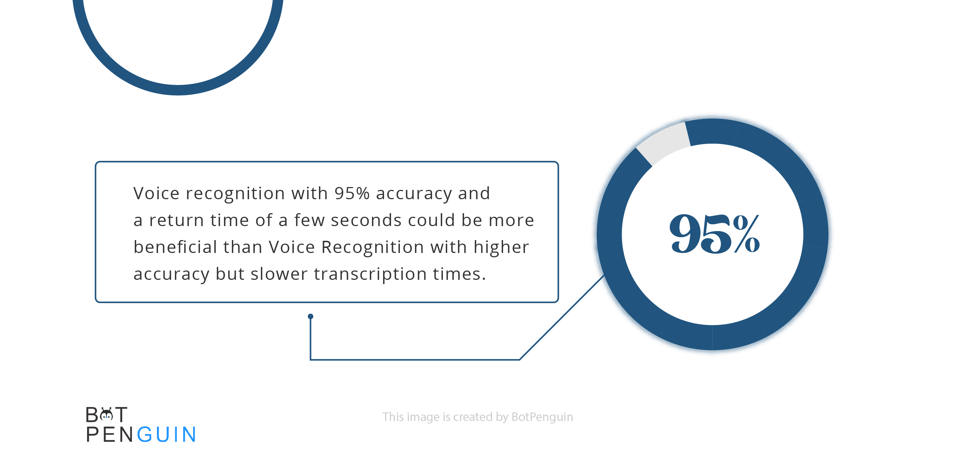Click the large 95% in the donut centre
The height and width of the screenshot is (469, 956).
pyautogui.click(x=714, y=234)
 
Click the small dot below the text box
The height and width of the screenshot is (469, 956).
pyautogui.click(x=311, y=316)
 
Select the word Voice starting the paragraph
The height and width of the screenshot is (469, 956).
pyautogui.click(x=156, y=193)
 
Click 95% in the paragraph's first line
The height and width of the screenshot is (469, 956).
pyautogui.click(x=352, y=193)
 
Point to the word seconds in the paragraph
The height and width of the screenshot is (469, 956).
pyautogui.click(x=366, y=220)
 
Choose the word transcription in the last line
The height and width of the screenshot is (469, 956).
pyautogui.click(x=370, y=274)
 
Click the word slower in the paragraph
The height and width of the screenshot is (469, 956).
pyautogui.click(x=279, y=274)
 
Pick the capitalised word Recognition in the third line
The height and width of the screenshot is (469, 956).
pyautogui.click(x=372, y=248)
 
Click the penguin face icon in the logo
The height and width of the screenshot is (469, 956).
pyautogui.click(x=106, y=415)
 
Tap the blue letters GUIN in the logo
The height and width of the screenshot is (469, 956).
pyautogui.click(x=167, y=435)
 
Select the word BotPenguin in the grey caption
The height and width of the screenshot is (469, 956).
pyautogui.click(x=542, y=417)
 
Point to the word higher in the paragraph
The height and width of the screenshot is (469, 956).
pyautogui.click(x=501, y=248)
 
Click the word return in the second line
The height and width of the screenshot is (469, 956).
pyautogui.click(x=176, y=220)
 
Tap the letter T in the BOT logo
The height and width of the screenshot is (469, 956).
pyautogui.click(x=121, y=415)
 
